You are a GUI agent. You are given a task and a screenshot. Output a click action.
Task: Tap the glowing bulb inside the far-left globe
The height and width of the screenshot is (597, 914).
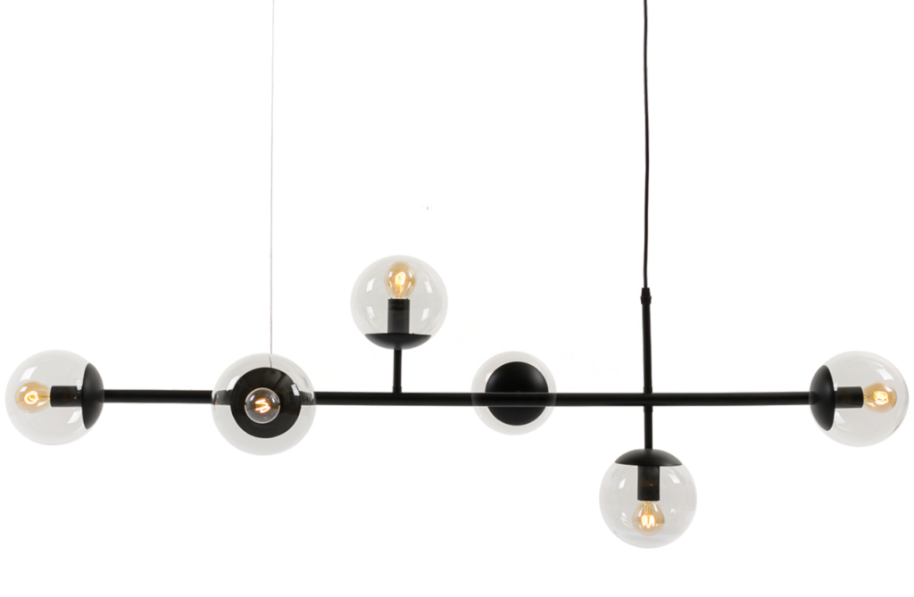coord(35,394)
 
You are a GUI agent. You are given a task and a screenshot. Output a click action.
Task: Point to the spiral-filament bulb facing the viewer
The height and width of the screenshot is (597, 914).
coord(262,404)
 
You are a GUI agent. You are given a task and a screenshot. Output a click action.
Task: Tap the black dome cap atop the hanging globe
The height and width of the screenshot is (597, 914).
coord(648,460)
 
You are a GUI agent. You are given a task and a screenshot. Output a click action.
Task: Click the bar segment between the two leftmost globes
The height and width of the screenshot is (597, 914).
coord(156,393)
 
